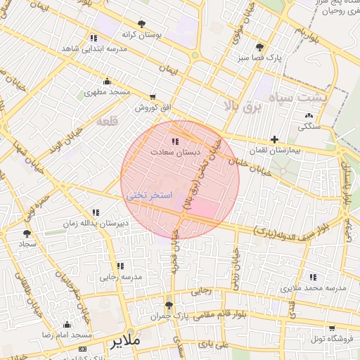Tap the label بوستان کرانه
click(143, 34)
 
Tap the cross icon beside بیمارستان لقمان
click(274, 140)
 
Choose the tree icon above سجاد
click(27, 232)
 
